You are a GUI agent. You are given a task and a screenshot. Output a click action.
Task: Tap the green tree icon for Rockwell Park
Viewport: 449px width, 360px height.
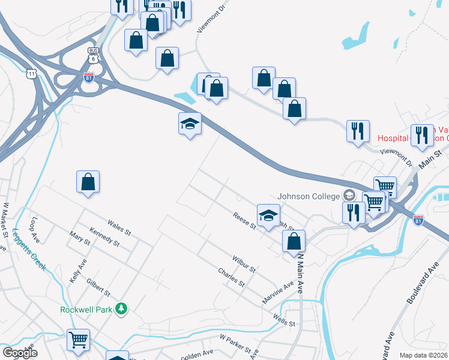point(122,308)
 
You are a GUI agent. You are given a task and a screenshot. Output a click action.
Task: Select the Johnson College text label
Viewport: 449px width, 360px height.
point(308,196)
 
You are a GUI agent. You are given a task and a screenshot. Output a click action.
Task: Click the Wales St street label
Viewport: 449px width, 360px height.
point(119,226)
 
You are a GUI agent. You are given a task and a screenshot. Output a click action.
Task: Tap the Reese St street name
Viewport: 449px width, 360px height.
point(244,221)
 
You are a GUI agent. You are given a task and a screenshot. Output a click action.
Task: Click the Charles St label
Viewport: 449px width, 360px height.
point(231,275)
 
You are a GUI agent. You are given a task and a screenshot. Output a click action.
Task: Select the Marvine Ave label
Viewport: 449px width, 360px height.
point(277,293)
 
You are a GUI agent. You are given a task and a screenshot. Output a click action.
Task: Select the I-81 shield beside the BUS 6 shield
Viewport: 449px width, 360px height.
point(88,77)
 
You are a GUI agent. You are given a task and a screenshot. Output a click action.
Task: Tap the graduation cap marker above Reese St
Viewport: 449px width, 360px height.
point(268,214)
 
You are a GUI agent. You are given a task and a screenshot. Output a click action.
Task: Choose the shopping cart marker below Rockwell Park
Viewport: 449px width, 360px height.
point(78,340)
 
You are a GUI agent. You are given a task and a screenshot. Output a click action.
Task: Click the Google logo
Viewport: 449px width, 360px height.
point(20,353)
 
